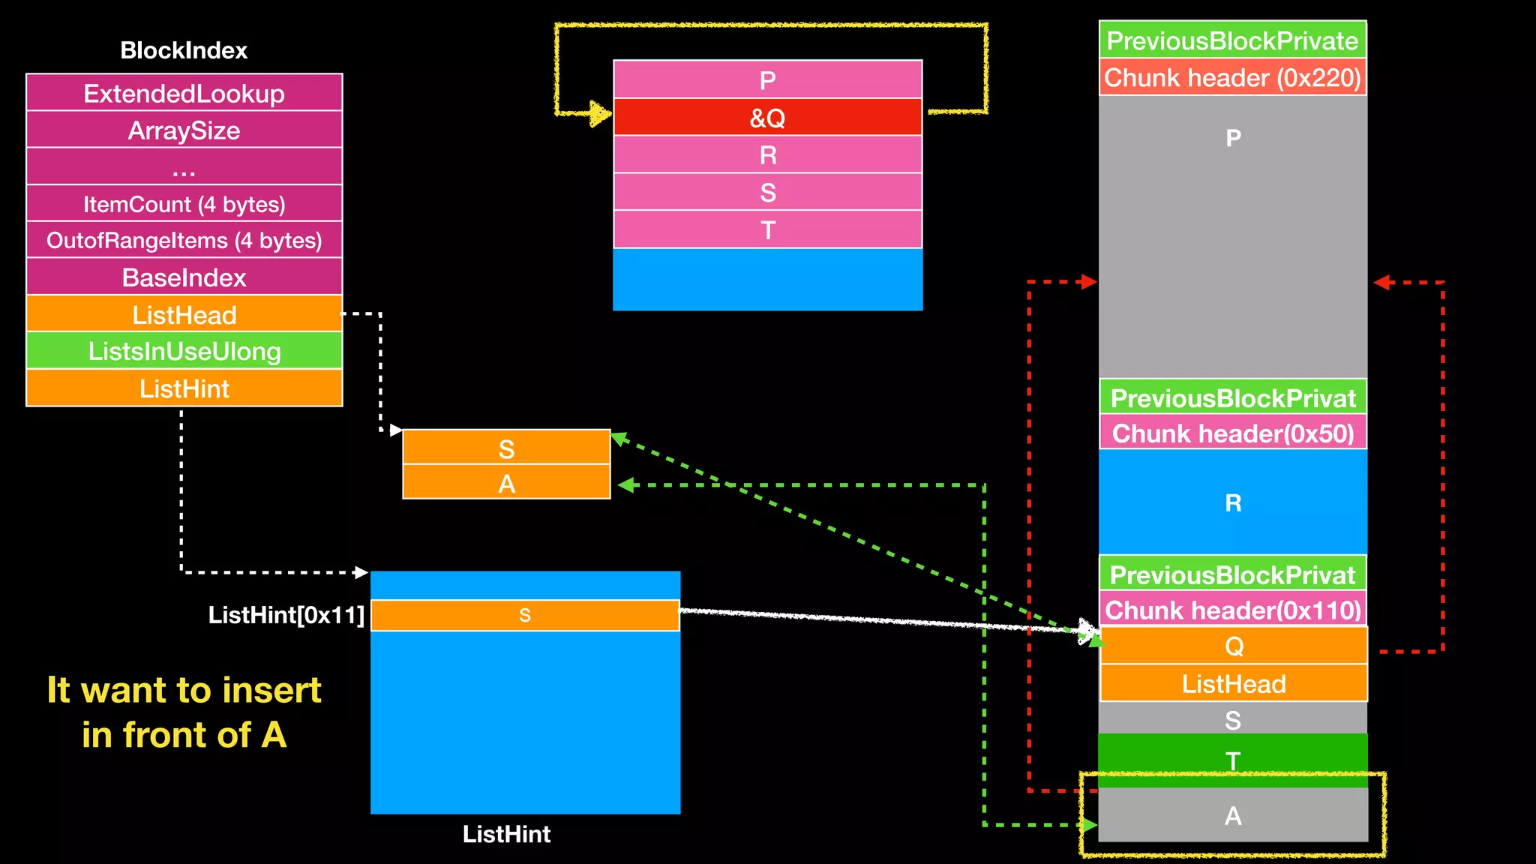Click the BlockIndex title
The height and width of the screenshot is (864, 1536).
(x=184, y=50)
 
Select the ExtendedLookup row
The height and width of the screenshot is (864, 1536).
(x=184, y=93)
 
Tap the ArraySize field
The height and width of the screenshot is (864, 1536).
(x=184, y=130)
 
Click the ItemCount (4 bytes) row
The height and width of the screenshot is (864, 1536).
(x=184, y=204)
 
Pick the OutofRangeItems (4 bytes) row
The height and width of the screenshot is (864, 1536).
(x=184, y=241)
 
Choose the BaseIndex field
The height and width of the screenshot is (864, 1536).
(x=184, y=277)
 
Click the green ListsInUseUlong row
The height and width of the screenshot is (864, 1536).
(x=184, y=351)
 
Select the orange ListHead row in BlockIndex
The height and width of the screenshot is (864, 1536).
(x=184, y=314)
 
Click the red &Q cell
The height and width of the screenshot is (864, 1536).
(x=767, y=118)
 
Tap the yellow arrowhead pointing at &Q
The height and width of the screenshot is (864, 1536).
(x=601, y=114)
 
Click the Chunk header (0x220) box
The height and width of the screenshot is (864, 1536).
(x=1232, y=77)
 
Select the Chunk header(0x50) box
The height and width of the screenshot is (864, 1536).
(x=1232, y=433)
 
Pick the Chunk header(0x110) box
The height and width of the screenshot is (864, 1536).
(x=1232, y=610)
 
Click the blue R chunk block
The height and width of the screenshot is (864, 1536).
(x=1232, y=502)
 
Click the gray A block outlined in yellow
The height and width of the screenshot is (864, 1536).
(x=1232, y=815)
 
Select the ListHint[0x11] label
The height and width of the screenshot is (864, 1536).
(x=286, y=615)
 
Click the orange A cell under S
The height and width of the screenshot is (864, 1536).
(x=506, y=483)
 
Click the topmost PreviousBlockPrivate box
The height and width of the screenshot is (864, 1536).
(x=1232, y=40)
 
